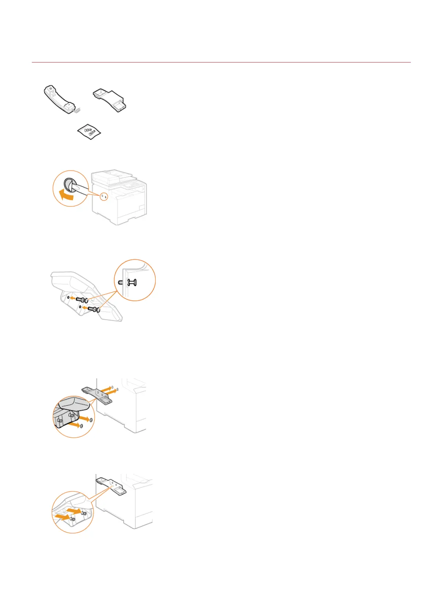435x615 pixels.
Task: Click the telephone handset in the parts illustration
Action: tap(58, 99)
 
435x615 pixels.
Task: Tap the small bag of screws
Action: tap(89, 131)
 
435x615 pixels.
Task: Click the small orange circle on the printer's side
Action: tap(104, 196)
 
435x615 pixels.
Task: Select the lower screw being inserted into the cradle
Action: tap(94, 309)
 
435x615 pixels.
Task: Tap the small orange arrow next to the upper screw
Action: tap(73, 298)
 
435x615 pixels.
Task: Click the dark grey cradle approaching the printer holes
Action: tap(97, 393)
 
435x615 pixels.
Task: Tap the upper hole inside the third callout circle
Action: tap(91, 420)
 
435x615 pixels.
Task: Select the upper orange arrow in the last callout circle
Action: tap(75, 510)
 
